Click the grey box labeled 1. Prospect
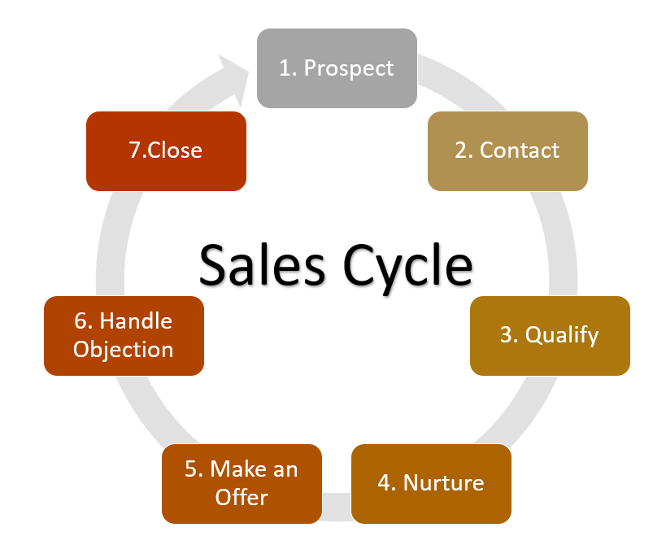point(337,68)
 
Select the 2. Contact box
point(507,150)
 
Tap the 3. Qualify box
point(550,336)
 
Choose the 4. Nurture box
point(431,484)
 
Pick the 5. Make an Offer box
point(242,484)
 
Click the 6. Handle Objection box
point(124,336)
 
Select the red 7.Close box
point(166,150)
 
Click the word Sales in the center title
point(262,264)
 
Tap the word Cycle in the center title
point(407,268)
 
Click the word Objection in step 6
point(123,350)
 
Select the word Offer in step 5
point(242,497)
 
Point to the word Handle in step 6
point(136,320)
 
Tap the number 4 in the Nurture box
point(385,483)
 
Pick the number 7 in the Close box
point(135,150)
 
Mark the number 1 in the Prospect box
point(284,68)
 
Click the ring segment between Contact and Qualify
point(560,243)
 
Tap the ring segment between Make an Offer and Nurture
point(337,507)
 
